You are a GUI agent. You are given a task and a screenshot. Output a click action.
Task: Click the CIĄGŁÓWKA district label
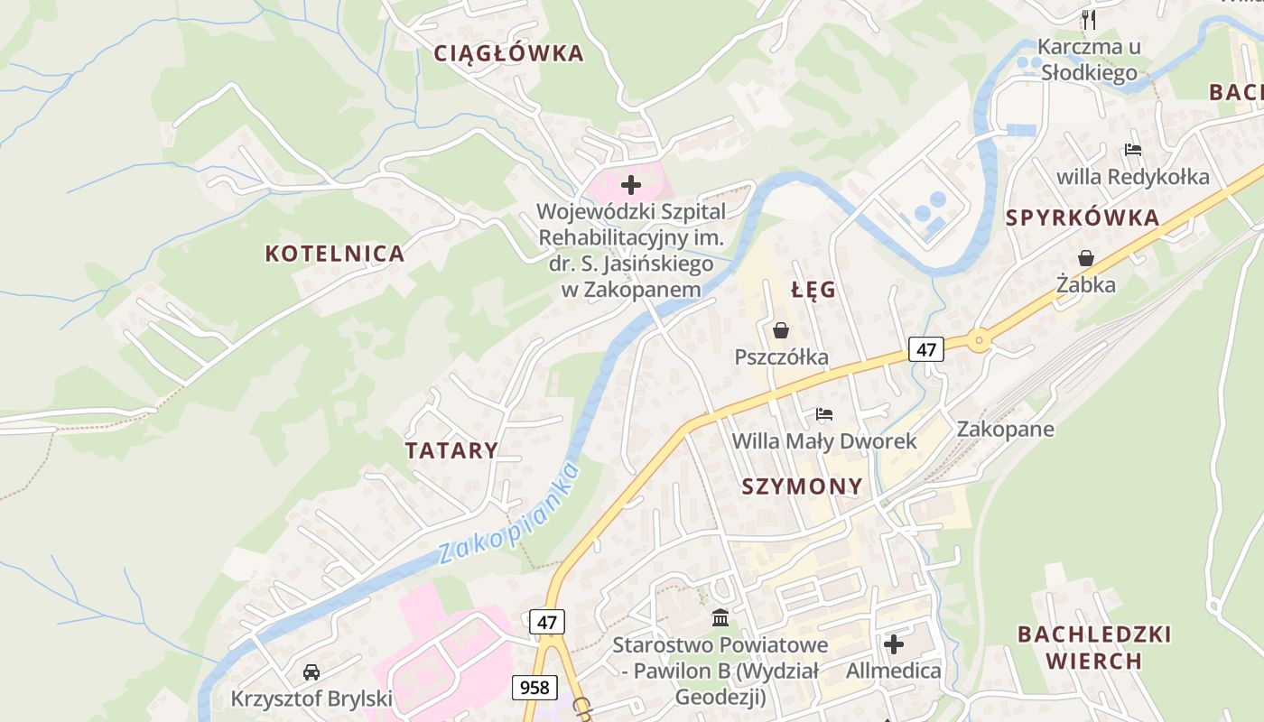[508, 53]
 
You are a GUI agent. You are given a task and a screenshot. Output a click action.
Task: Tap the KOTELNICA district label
[334, 254]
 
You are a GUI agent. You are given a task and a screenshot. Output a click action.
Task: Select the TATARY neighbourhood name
[451, 450]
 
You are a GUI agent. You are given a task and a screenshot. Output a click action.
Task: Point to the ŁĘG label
[813, 291]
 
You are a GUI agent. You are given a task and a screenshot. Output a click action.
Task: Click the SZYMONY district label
[802, 486]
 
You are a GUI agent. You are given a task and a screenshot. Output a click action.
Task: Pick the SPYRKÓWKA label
[1082, 218]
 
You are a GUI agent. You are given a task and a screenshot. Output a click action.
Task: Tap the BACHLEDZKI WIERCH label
[1093, 647]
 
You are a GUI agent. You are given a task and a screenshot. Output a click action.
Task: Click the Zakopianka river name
[507, 514]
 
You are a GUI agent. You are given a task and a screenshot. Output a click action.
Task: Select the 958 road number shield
[534, 687]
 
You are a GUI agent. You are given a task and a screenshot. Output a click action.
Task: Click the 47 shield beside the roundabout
[926, 348]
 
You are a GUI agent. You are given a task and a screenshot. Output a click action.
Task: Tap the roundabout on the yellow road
[979, 341]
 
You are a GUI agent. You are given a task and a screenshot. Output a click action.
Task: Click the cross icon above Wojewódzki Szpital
[631, 186]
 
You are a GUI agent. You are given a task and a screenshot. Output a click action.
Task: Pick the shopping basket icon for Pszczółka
[781, 331]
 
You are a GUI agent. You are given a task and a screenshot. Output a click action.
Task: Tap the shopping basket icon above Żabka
[1086, 259]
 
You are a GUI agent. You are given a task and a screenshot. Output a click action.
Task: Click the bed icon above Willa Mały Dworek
[823, 414]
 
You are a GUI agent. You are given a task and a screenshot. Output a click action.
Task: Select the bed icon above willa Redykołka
[1133, 150]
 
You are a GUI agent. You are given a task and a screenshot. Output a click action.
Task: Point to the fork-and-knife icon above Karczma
[1089, 19]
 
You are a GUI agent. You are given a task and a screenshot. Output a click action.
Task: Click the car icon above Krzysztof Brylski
[311, 672]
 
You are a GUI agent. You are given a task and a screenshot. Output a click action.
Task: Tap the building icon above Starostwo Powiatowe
[720, 618]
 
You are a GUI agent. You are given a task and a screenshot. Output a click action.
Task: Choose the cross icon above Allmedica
[893, 644]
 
